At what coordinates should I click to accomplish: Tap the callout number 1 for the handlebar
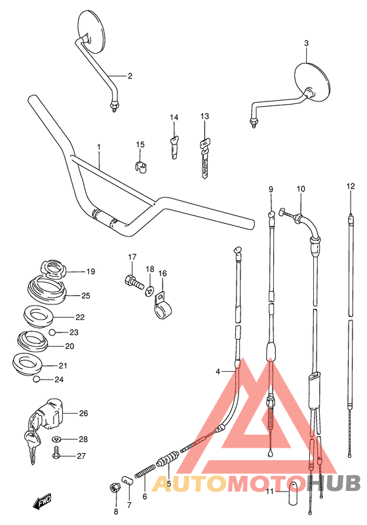coord(99,147)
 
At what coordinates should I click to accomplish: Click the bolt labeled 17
coord(132,283)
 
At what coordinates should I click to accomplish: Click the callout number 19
coord(90,271)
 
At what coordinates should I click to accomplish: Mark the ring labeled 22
coord(39,317)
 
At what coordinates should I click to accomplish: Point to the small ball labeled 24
coord(39,380)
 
